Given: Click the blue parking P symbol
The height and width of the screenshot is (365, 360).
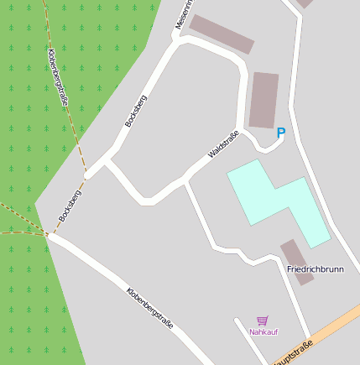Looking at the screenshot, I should [281, 133].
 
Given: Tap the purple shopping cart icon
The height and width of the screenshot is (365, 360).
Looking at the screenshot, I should [263, 321].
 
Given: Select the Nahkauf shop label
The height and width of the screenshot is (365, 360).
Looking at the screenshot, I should [263, 332].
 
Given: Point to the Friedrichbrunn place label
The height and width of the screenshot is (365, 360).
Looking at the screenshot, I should [316, 269].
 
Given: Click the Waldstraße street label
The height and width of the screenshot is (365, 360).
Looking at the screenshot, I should [224, 144].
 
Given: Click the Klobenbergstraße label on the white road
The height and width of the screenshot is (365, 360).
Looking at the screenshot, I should [150, 308].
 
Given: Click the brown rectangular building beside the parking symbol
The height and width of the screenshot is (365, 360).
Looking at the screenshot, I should [263, 99].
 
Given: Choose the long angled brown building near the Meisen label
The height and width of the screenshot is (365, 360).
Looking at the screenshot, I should [222, 34].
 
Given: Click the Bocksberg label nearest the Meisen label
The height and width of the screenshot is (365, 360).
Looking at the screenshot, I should [135, 111].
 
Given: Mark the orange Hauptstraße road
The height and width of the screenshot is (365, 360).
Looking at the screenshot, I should [331, 328].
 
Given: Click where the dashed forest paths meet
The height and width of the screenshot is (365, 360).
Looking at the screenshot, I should [46, 232].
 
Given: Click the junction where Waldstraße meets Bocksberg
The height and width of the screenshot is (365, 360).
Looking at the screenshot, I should [107, 159].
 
